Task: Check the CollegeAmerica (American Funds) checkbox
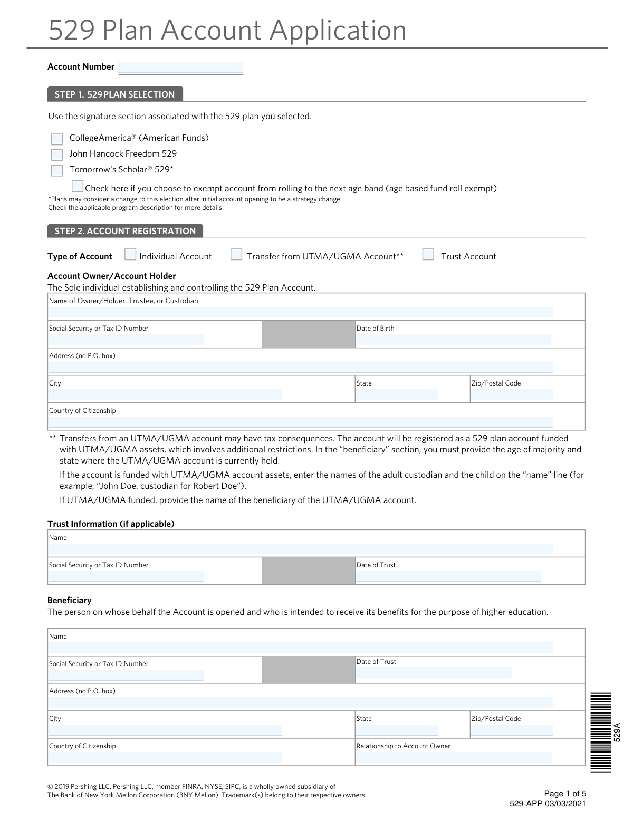(x=57, y=139)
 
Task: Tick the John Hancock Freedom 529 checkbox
(x=57, y=155)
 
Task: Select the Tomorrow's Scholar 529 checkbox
(x=57, y=171)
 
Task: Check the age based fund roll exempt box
(x=78, y=187)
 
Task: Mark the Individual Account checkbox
(x=130, y=255)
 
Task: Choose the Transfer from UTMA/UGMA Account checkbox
(x=237, y=255)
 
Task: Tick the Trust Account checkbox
(x=428, y=255)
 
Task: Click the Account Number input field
(x=180, y=68)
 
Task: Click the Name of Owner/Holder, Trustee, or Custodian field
(x=301, y=312)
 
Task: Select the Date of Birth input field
(x=453, y=340)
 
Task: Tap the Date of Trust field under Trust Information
(x=448, y=576)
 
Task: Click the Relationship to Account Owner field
(x=454, y=757)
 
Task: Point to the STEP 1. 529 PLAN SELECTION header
(x=115, y=94)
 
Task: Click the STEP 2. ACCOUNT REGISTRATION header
(x=125, y=231)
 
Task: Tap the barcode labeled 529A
(x=601, y=733)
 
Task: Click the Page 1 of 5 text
(x=565, y=794)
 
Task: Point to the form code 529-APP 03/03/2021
(x=548, y=804)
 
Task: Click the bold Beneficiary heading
(x=69, y=600)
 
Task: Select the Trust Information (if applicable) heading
(x=111, y=524)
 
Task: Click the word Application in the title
(x=338, y=30)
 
